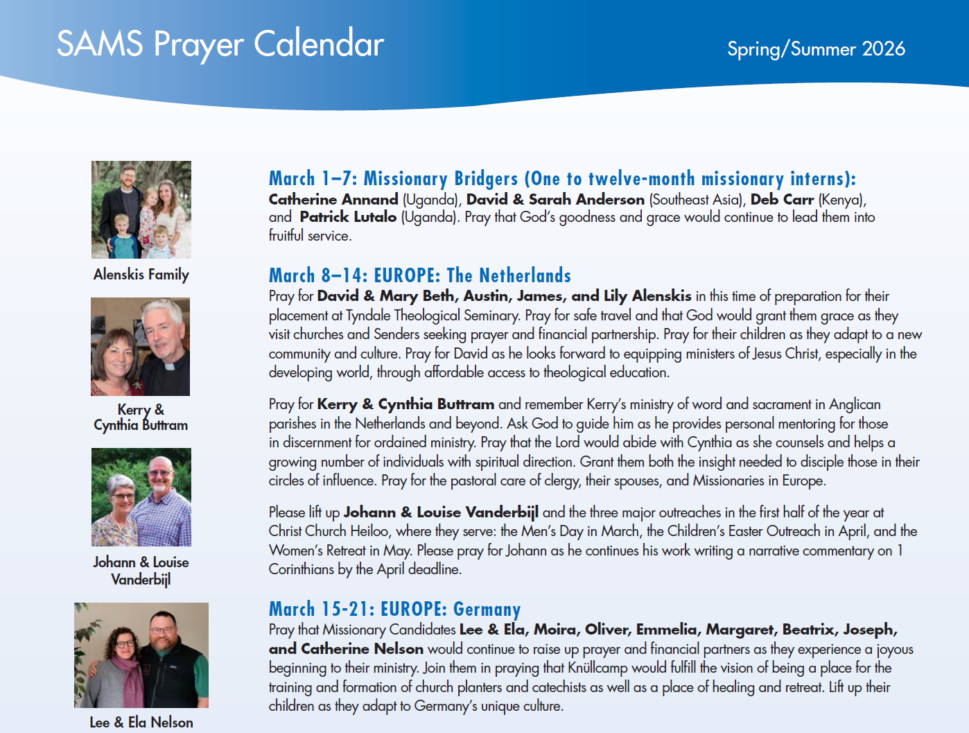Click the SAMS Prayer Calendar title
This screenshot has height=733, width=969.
coord(220,44)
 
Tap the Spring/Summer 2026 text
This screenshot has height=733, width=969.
coord(816,49)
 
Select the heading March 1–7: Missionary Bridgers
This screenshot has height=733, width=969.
coord(562,179)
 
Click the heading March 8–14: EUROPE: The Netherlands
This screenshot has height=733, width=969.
coord(419,276)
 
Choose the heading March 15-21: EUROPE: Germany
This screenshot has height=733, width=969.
coord(394,610)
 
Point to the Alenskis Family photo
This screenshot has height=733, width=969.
coord(141,209)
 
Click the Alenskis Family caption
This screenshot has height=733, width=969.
coord(141,275)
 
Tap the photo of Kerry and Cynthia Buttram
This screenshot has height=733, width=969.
coord(141,347)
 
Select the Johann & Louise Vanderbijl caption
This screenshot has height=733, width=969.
coord(141,571)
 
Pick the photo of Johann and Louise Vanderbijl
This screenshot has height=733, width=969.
coord(141,497)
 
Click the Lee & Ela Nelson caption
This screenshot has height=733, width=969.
coord(141,723)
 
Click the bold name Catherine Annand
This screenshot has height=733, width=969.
coord(333,200)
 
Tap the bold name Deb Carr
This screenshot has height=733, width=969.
coord(782,200)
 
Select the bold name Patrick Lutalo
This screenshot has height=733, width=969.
coord(348,217)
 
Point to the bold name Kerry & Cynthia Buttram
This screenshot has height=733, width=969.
coord(405,404)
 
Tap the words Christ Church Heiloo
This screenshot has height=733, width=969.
coord(329,532)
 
